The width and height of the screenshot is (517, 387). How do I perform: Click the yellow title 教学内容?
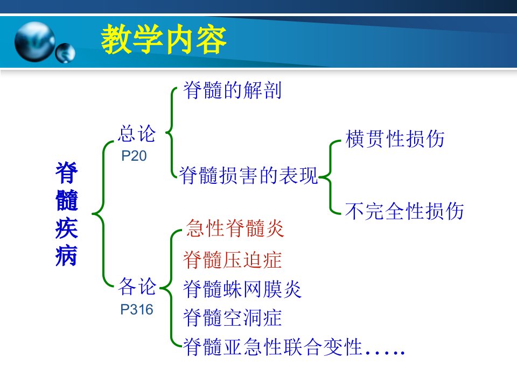[x=164, y=39]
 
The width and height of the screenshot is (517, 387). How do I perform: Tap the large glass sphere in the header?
[x=34, y=42]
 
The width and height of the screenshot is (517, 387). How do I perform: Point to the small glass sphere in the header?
[x=65, y=53]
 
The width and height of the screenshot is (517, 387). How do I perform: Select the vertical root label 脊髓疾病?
[x=67, y=213]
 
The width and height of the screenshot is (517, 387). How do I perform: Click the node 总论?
[x=137, y=134]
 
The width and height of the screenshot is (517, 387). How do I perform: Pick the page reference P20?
[x=134, y=156]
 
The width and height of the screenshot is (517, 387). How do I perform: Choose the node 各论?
[x=137, y=286]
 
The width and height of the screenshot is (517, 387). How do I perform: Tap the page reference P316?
[x=137, y=310]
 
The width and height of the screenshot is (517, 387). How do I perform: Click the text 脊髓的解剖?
[x=233, y=90]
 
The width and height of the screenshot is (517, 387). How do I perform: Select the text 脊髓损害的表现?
[x=248, y=175]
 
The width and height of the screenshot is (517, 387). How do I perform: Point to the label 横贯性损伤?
[x=395, y=139]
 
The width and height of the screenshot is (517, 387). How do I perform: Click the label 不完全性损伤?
[x=404, y=211]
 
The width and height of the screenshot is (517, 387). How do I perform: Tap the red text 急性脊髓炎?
[x=235, y=228]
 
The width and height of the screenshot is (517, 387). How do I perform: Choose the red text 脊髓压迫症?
[x=233, y=260]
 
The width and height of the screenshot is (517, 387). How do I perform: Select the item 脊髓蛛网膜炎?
[x=242, y=289]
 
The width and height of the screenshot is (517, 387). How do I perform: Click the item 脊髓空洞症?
[x=233, y=318]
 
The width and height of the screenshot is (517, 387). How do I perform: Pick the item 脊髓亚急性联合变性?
[x=273, y=347]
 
